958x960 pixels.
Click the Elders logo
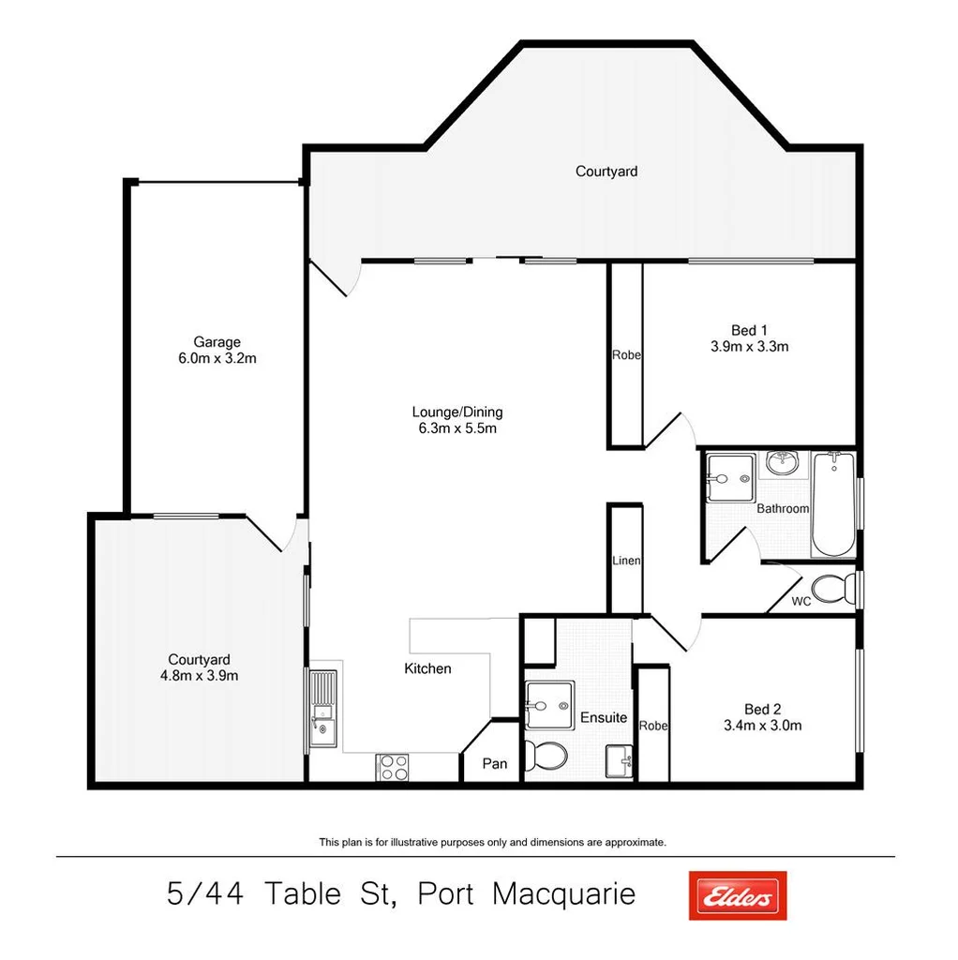point(737,895)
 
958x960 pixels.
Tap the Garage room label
point(217,342)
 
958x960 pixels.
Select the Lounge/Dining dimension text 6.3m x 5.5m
point(457,428)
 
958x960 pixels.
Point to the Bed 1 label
point(749,330)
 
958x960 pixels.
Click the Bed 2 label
point(762,709)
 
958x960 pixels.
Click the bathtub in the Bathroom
point(832,504)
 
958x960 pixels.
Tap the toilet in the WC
point(830,590)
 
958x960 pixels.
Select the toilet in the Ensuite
point(546,755)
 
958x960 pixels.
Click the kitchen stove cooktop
point(393,767)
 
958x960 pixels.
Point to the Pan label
point(494,764)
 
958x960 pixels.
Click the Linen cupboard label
point(626,561)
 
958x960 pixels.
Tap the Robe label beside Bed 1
point(626,355)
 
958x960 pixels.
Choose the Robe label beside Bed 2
point(652,726)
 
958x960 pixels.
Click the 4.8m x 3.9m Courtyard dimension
point(199,675)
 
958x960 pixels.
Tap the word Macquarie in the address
point(563,894)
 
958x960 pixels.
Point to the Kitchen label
point(427,668)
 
